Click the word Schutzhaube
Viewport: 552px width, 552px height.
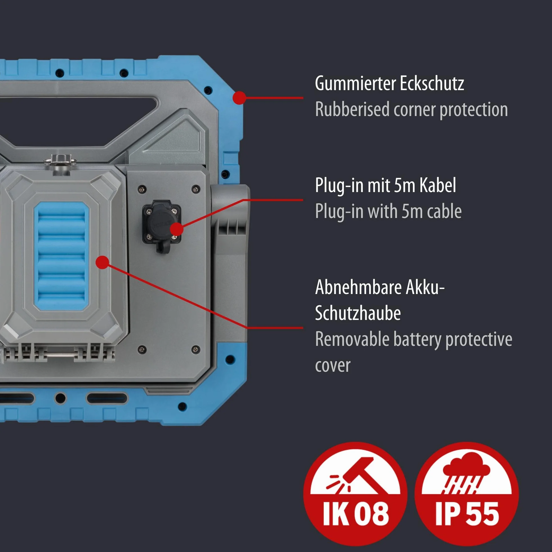click(358, 313)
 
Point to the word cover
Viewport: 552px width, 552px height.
click(333, 366)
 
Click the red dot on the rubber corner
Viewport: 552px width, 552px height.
click(239, 98)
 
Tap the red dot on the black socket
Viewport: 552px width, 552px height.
click(177, 229)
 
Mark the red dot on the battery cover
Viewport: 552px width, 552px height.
click(102, 262)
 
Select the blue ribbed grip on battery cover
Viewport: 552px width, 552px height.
click(61, 256)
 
